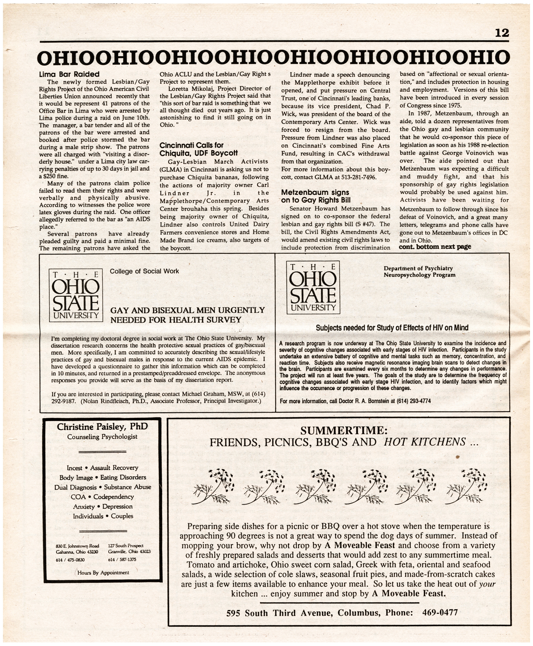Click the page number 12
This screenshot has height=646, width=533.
click(502, 33)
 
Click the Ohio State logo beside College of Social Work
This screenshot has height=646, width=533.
click(76, 295)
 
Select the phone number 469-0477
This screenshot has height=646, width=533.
click(440, 613)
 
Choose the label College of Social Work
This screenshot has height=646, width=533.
click(144, 271)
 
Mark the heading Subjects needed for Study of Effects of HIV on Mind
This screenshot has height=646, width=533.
click(392, 328)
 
